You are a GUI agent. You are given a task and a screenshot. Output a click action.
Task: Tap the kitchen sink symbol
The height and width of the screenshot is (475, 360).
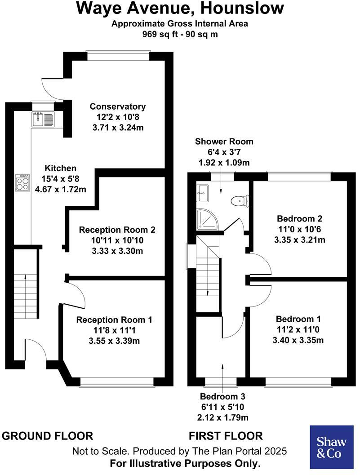43,119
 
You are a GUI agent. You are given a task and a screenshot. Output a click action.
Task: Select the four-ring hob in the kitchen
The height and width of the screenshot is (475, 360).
23,182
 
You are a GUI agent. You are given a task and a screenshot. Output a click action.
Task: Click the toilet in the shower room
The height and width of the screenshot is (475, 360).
239,201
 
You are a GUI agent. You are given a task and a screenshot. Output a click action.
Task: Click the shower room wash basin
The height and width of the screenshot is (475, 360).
203,193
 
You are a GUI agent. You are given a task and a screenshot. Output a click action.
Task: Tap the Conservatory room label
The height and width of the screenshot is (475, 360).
118,107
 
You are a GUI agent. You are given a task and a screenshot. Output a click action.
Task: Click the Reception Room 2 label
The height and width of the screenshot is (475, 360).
117,230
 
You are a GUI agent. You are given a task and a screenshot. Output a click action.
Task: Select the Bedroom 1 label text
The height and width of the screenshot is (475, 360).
298,319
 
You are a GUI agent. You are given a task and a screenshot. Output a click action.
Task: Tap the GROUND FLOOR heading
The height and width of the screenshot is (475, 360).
48,435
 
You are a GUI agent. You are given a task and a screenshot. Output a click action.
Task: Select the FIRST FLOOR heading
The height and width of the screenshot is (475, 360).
226,435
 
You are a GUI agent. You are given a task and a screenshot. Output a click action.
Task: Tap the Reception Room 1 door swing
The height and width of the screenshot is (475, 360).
75,295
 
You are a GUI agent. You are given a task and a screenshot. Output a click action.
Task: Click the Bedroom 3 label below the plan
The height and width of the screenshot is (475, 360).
223,397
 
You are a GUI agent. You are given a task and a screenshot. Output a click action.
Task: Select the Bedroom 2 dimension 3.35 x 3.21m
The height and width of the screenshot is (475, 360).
299,240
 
